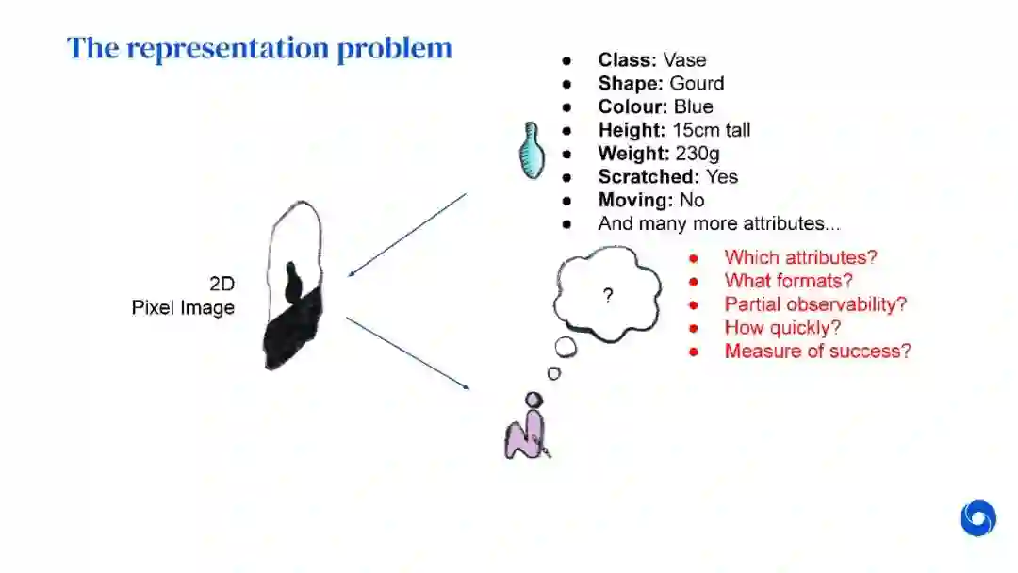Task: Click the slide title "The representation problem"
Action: click(259, 48)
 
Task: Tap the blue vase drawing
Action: click(533, 151)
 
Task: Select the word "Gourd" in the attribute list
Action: click(697, 83)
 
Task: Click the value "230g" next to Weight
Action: click(698, 153)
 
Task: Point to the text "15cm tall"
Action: click(711, 129)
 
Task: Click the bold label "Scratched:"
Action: click(634, 176)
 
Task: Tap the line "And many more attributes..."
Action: click(719, 223)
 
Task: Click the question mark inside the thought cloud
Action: click(608, 296)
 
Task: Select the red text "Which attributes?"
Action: click(800, 256)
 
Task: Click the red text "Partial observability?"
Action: click(815, 303)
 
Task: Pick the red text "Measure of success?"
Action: click(817, 351)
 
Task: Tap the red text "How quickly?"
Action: click(782, 327)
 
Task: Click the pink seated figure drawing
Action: click(526, 432)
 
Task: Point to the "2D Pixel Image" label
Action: click(183, 295)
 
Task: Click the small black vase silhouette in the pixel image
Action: click(292, 282)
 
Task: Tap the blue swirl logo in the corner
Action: click(977, 518)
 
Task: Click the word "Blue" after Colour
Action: click(693, 106)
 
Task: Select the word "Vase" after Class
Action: click(684, 59)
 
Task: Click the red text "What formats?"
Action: click(788, 280)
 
